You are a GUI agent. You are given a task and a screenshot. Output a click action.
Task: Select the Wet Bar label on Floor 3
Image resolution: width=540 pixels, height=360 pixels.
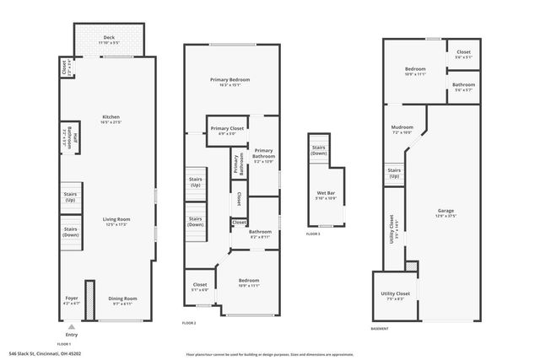point(326,196)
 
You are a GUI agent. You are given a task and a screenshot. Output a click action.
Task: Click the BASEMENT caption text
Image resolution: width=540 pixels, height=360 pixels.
point(380,329)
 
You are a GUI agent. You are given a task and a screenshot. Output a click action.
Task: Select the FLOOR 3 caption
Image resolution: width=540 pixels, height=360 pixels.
point(313,233)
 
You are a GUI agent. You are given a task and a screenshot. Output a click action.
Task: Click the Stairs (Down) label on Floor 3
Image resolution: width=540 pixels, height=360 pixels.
point(319,149)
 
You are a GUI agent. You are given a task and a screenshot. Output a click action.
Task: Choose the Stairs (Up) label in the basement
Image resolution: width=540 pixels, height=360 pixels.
point(394,173)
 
